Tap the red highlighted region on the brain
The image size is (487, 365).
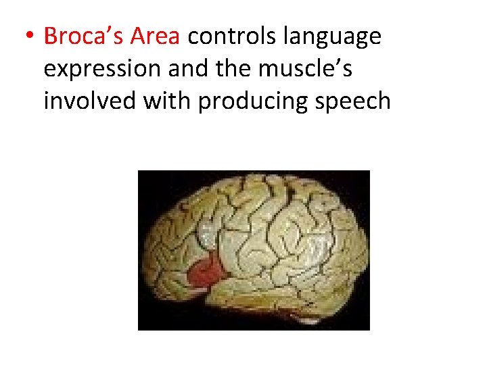coord(208,270)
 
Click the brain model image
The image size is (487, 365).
coord(254,250)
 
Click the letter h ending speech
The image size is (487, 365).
coord(384,101)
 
